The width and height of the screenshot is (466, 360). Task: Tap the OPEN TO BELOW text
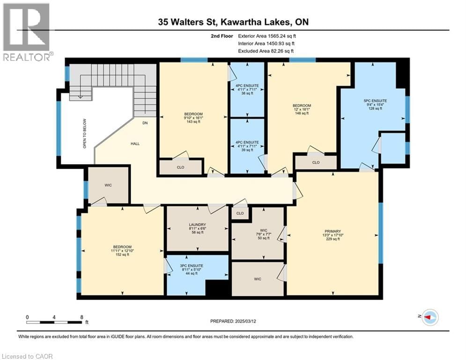tap(85, 137)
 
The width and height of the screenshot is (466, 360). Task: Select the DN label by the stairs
tap(146, 123)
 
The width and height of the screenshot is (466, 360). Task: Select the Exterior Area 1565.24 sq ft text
tap(267, 35)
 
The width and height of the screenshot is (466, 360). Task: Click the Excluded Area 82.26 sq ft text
tap(267, 51)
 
